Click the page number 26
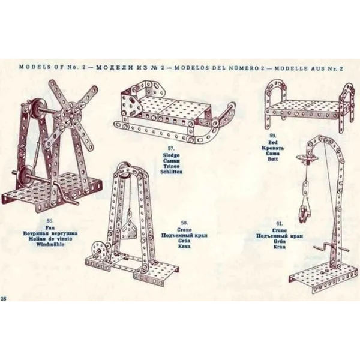[x=4, y=298]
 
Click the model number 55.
[x=41, y=223]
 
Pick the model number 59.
[x=273, y=135]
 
